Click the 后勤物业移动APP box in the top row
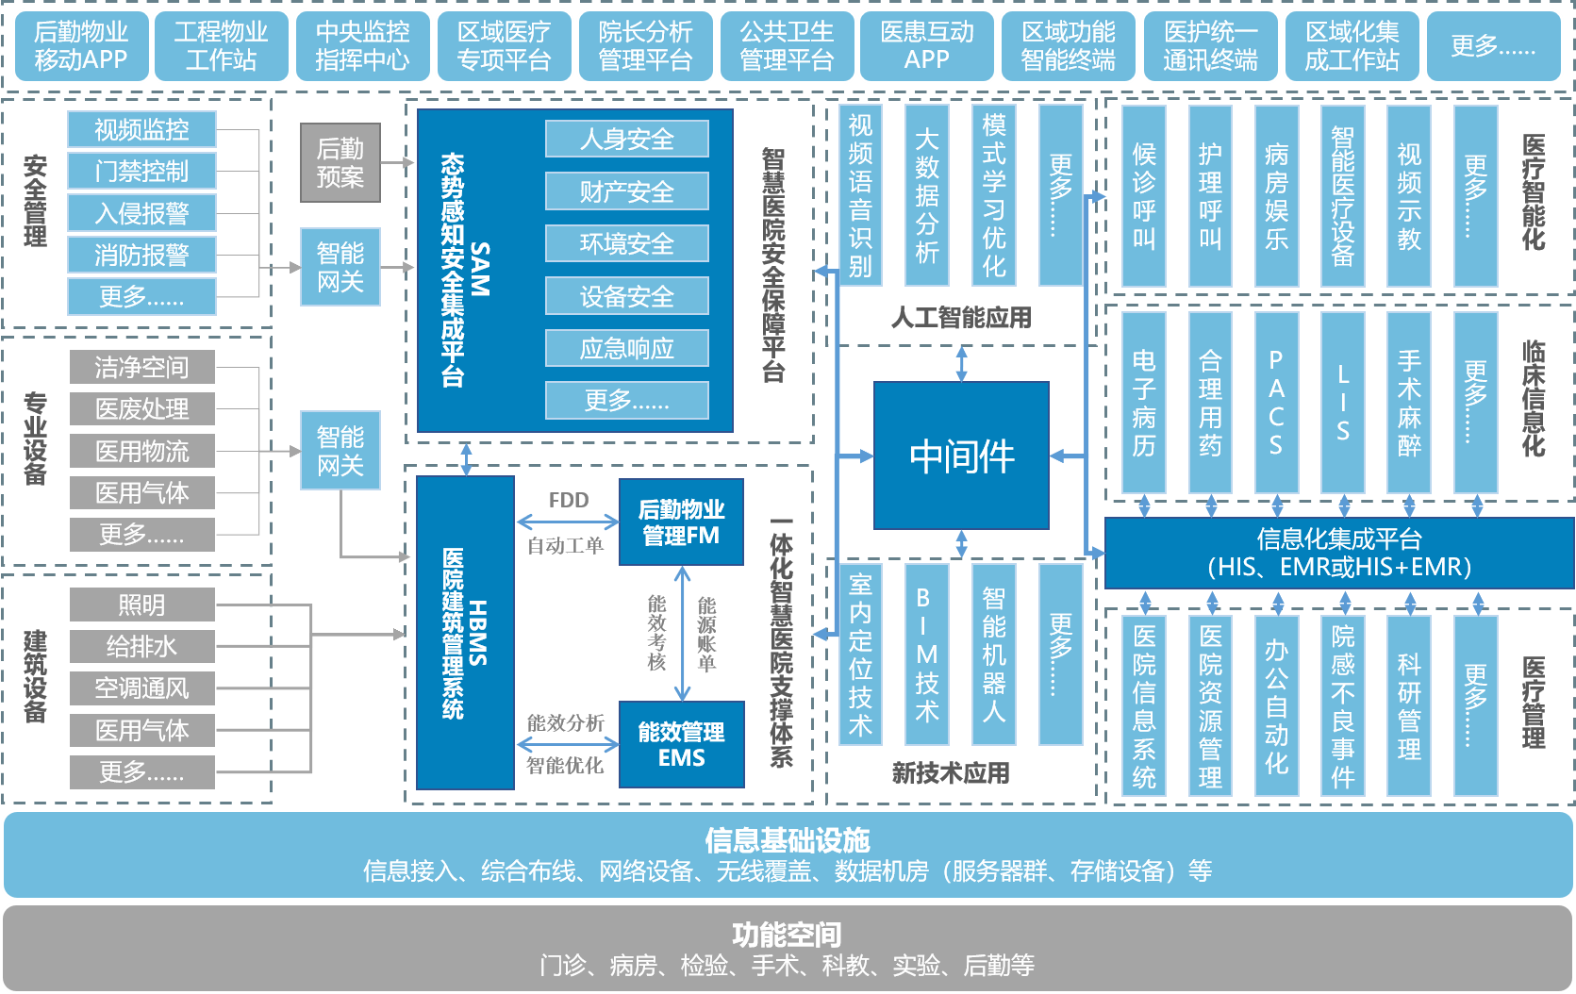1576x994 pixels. click(x=81, y=45)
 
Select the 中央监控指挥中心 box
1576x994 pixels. click(x=363, y=45)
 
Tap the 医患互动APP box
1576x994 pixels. click(x=927, y=45)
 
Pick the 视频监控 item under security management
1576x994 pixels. click(x=141, y=129)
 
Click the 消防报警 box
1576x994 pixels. click(x=141, y=255)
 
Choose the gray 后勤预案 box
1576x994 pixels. click(x=340, y=162)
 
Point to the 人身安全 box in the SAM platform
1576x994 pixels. click(x=626, y=140)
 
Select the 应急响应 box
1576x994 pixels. click(x=626, y=349)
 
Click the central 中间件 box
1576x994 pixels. click(x=961, y=456)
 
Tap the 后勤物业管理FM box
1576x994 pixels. click(x=681, y=522)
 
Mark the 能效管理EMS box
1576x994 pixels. click(x=681, y=744)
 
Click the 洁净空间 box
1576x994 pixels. click(x=141, y=367)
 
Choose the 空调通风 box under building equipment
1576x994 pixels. click(x=141, y=688)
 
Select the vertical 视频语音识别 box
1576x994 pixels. click(x=860, y=195)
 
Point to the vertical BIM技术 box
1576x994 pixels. click(x=926, y=654)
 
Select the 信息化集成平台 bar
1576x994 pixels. click(x=1338, y=553)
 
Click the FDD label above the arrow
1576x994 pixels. click(x=569, y=501)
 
